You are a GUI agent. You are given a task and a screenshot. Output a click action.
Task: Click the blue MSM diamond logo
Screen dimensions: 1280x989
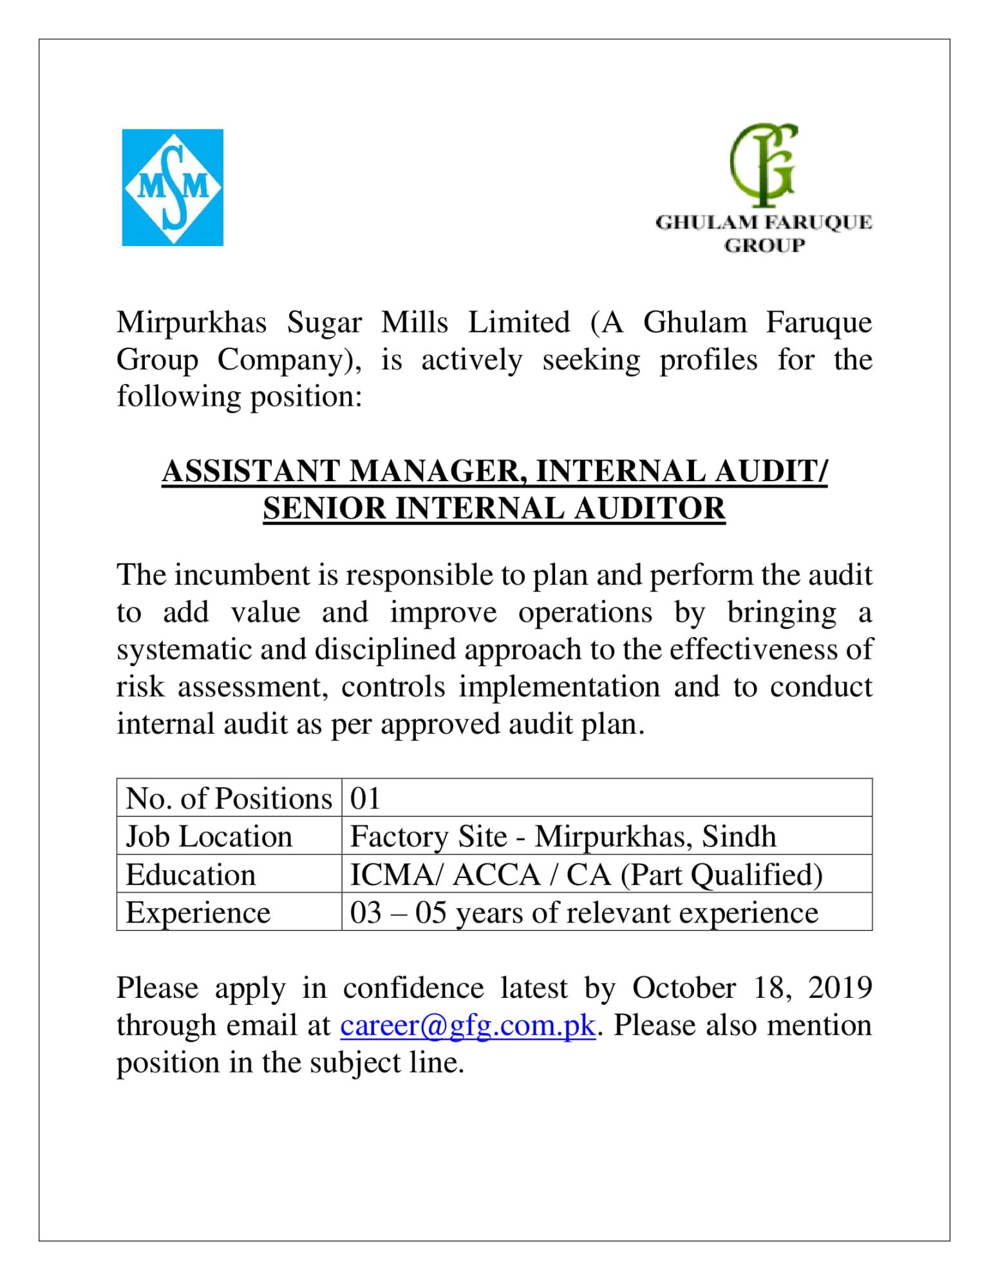point(173,187)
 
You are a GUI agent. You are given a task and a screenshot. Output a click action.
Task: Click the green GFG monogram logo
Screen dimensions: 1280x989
point(764,164)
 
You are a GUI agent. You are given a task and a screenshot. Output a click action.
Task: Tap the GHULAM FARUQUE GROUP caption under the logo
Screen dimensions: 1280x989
point(764,234)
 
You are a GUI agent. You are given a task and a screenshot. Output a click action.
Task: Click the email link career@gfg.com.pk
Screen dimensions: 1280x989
point(467,1026)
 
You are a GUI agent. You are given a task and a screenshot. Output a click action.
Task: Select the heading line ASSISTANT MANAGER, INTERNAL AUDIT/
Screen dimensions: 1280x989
point(494,471)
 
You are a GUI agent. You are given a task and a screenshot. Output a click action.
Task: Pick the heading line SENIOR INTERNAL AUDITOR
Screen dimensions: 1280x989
point(494,508)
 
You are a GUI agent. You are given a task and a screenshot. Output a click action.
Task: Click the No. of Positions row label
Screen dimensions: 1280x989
point(229,799)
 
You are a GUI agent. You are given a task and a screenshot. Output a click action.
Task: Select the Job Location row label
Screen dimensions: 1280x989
point(209,837)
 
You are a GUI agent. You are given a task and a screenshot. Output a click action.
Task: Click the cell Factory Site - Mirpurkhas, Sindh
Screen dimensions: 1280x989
point(563,837)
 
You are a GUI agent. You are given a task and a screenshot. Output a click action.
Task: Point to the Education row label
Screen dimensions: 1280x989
point(191,875)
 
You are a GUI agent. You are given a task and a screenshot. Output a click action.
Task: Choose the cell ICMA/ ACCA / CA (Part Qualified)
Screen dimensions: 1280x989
point(586,875)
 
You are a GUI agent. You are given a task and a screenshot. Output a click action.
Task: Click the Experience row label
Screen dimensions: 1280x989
point(198,913)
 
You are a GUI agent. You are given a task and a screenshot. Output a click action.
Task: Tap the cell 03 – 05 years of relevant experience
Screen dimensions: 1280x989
point(584,913)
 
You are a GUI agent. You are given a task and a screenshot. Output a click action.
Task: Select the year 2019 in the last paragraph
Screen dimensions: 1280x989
point(840,988)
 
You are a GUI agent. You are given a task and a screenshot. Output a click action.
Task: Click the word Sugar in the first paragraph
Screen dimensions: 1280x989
point(325,322)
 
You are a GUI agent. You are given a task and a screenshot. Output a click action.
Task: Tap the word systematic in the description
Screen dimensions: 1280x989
point(182,649)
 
